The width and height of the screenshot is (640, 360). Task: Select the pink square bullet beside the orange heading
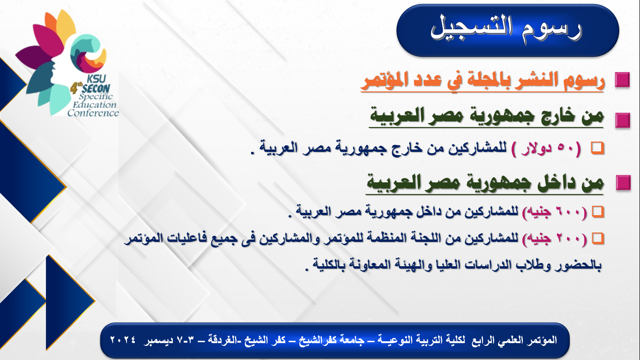point(622,80)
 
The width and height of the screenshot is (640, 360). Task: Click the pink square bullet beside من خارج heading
point(623,120)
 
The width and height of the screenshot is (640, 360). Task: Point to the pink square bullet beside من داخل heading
point(623,183)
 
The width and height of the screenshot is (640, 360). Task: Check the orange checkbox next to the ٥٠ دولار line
point(597,148)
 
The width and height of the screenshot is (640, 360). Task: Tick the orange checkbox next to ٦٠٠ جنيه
point(598,212)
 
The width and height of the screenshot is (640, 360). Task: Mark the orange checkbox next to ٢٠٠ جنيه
point(598,239)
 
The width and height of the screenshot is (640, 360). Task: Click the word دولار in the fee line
point(536,149)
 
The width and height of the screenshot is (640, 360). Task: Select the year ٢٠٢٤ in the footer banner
point(123,340)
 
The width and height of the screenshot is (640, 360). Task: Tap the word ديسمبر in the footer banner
point(158,340)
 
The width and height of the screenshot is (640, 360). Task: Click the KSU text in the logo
point(97,79)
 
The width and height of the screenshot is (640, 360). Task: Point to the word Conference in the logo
point(93,113)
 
